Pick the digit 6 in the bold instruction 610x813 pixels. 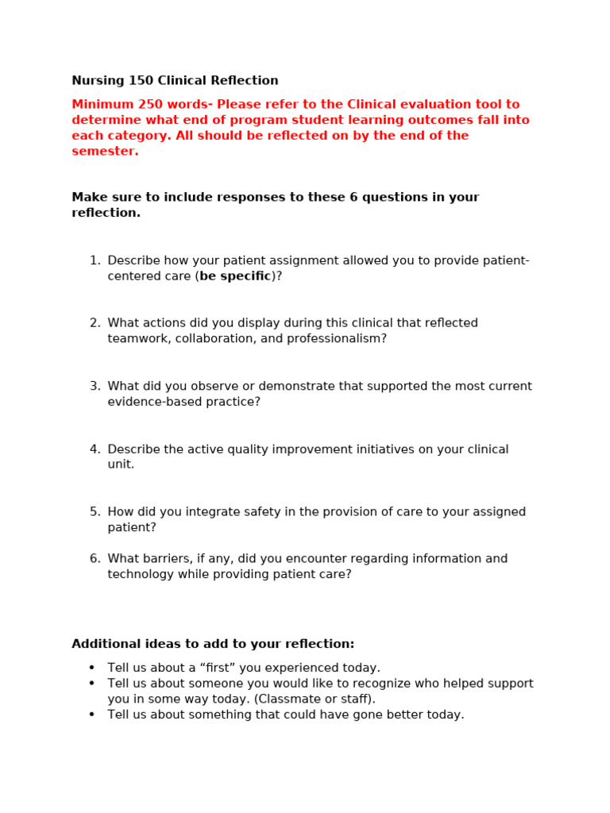coord(353,198)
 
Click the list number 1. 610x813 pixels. coord(95,261)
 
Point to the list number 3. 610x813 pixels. coord(95,387)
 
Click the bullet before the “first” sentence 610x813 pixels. coord(92,668)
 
